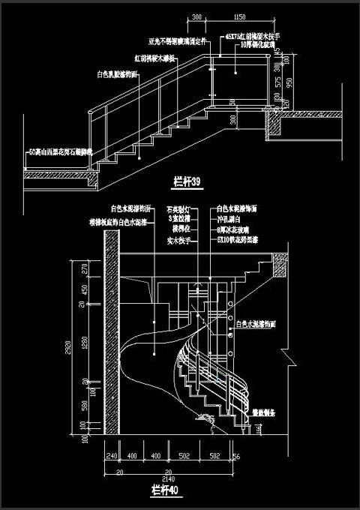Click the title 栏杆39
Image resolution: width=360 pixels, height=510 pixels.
[187, 181]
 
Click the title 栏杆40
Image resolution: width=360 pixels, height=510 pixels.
[163, 491]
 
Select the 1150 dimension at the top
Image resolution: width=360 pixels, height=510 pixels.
[240, 16]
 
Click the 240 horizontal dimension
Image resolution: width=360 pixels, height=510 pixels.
[112, 455]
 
